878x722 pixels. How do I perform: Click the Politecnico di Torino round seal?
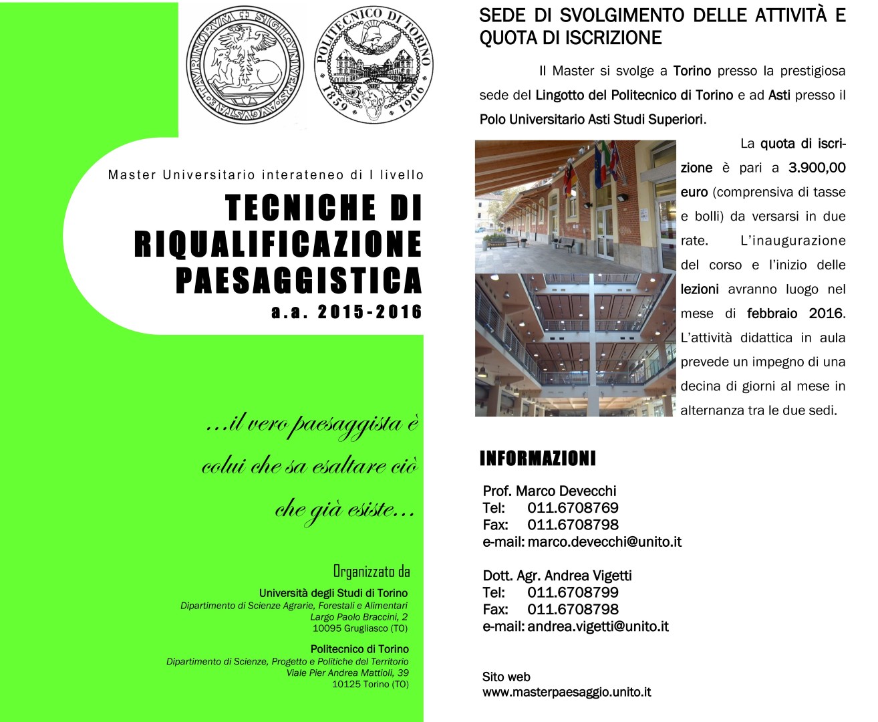[373, 65]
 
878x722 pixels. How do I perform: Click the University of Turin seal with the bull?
[245, 64]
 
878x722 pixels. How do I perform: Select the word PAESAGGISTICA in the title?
[299, 279]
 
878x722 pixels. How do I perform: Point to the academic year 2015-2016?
[370, 312]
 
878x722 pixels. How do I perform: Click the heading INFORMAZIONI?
[537, 459]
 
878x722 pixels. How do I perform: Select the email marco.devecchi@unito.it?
[604, 542]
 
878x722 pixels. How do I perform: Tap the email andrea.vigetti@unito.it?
[598, 626]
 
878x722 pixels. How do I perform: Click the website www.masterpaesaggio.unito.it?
[567, 693]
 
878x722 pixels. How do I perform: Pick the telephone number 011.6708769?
[573, 508]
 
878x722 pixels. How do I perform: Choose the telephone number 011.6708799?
[573, 592]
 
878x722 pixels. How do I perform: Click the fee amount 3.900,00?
[817, 168]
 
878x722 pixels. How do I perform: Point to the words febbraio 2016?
[795, 314]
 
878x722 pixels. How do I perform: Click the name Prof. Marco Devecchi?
[549, 491]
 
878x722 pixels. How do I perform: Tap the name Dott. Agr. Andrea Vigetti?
[557, 576]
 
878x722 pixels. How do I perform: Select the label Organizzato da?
[372, 571]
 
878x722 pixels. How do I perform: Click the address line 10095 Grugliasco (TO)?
[359, 628]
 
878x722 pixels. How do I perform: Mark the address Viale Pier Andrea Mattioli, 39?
[347, 673]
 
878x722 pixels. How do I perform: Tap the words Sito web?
[506, 677]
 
